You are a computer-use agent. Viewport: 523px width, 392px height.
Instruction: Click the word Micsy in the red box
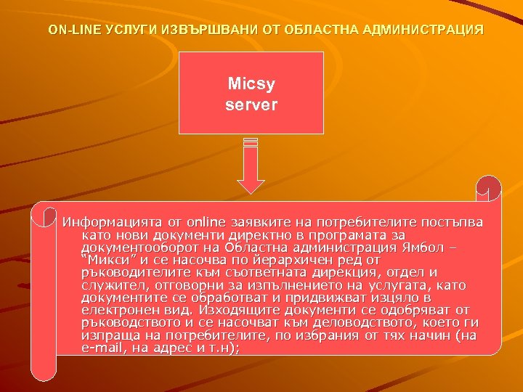coord(251,86)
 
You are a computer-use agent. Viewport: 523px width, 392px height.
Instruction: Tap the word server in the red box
coord(251,105)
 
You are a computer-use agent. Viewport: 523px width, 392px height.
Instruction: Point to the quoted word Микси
coord(106,259)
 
